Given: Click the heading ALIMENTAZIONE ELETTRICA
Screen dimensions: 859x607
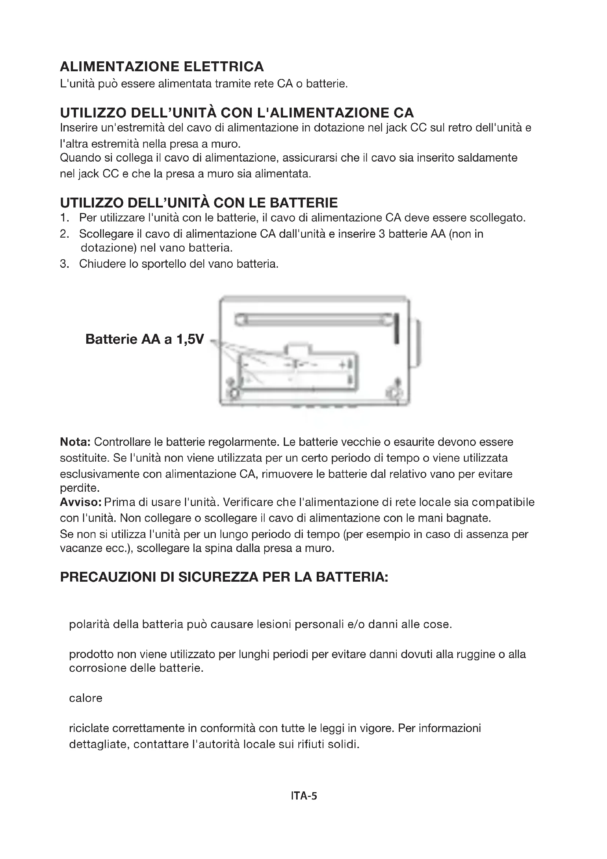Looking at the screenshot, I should click(x=162, y=66).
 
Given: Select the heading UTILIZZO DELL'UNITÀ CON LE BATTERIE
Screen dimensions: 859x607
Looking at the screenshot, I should click(x=199, y=203).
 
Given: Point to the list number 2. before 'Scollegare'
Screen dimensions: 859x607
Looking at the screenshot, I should click(x=65, y=234).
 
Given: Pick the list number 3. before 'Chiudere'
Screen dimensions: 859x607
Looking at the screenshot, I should click(x=65, y=264).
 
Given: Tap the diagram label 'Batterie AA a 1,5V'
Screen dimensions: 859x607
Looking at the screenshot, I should click(x=145, y=339).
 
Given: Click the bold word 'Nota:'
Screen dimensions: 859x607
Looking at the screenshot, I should click(x=75, y=442).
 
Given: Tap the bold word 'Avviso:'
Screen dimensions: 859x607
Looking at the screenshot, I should click(x=81, y=502).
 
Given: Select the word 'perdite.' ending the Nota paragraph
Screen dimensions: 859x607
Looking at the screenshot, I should click(x=80, y=488).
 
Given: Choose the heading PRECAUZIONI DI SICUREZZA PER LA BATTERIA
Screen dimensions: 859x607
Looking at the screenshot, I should click(x=224, y=577).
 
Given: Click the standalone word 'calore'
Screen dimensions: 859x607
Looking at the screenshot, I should click(x=86, y=698).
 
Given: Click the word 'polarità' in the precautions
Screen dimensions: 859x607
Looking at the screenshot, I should click(x=89, y=624).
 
